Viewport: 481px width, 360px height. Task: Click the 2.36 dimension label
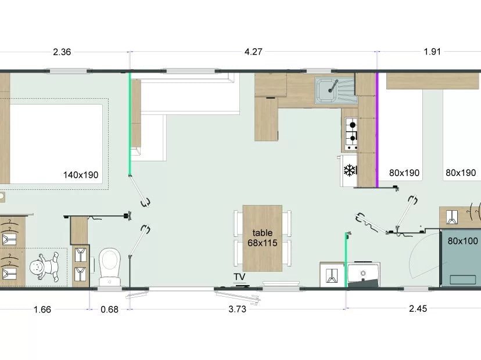(62, 52)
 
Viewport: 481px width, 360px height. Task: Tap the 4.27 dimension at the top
(253, 52)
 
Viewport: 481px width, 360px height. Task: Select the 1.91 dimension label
(432, 52)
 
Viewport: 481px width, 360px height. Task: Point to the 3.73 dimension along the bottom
(237, 309)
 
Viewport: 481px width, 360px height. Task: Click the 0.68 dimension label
(110, 309)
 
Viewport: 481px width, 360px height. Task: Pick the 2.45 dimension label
(418, 308)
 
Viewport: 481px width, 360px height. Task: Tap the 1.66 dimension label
(42, 309)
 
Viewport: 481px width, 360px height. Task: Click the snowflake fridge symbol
(350, 171)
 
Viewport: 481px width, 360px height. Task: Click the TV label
(239, 276)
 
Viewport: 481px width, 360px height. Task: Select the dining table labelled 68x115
(262, 238)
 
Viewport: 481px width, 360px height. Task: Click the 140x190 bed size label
(81, 175)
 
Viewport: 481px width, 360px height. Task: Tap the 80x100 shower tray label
(462, 241)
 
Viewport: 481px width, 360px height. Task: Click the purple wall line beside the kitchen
(378, 129)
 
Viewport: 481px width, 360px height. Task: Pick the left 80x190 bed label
(404, 173)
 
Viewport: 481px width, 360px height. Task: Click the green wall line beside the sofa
(130, 124)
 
